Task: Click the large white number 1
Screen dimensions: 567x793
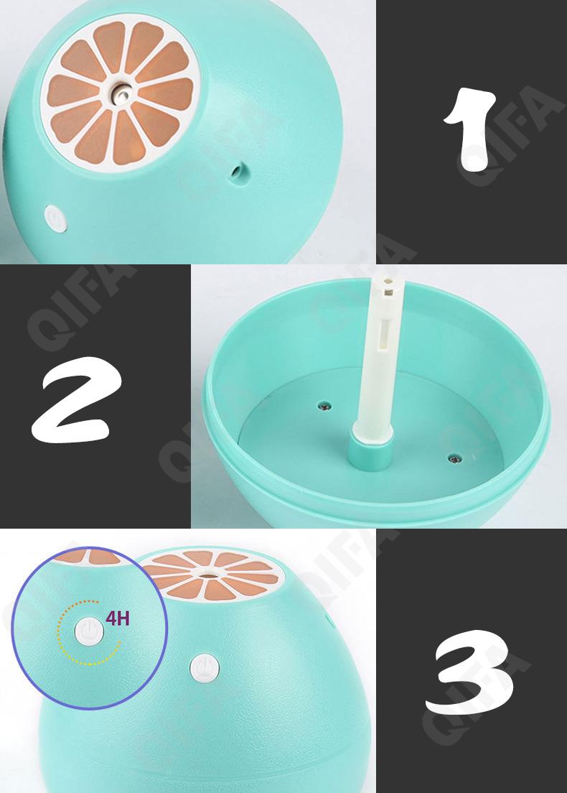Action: pyautogui.click(x=470, y=129)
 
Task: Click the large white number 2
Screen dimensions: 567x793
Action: pyautogui.click(x=77, y=399)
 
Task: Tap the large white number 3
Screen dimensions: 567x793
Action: pyautogui.click(x=469, y=672)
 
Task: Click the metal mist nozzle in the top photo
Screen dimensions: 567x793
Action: pyautogui.click(x=121, y=93)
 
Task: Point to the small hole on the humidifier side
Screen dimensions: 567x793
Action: pyautogui.click(x=236, y=171)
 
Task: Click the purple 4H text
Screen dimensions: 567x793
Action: pyautogui.click(x=118, y=618)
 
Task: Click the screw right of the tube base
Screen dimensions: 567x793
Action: pyautogui.click(x=454, y=459)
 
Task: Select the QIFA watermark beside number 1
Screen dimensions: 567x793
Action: pyautogui.click(x=510, y=136)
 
